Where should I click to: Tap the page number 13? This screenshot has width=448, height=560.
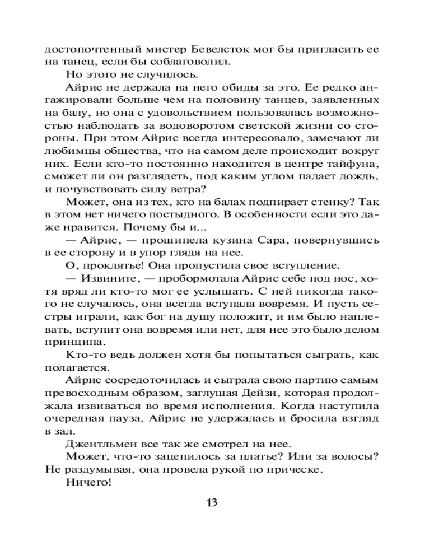click(x=212, y=502)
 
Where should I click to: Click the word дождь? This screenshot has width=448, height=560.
click(x=365, y=176)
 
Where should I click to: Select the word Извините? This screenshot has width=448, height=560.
click(x=111, y=278)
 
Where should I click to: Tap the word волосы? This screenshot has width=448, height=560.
click(x=357, y=456)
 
